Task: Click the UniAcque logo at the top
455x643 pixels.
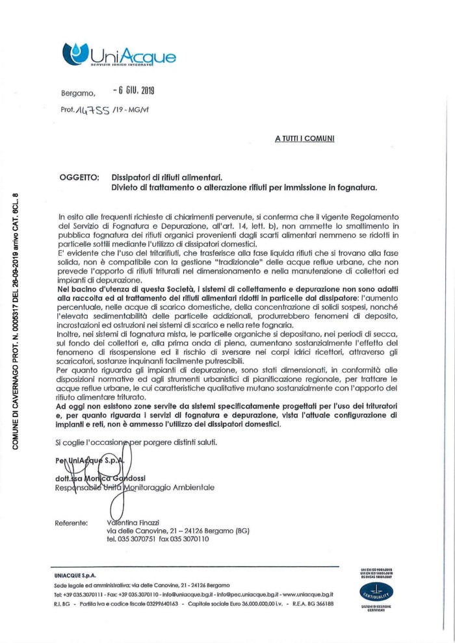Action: pos(119,53)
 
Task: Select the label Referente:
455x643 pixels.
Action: pos(72,522)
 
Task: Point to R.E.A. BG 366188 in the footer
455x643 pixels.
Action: pos(305,603)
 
